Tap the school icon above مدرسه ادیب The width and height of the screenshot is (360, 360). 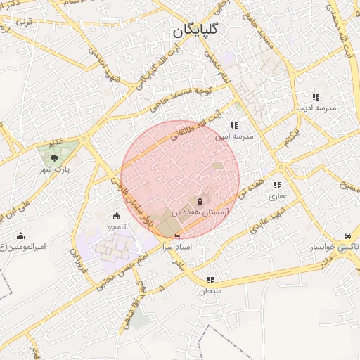pos(316,97)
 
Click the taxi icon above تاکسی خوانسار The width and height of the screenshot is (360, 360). pos(347,236)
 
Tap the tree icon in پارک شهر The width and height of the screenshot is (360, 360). pos(54,159)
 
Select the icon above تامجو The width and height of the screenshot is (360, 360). pos(116,215)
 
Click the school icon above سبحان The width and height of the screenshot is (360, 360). pos(210,279)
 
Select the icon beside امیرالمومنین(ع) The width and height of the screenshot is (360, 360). pos(21,236)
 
